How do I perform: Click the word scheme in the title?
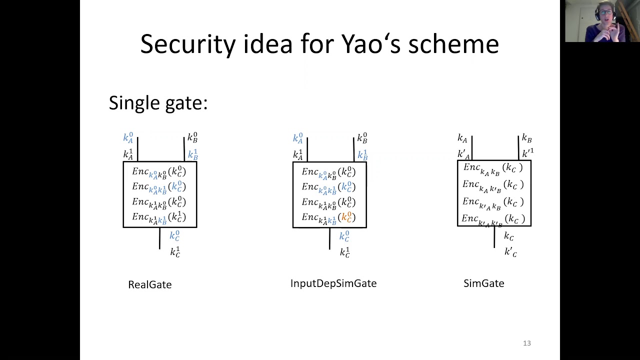click(453, 44)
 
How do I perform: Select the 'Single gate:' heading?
click(158, 103)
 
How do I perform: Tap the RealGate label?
click(149, 284)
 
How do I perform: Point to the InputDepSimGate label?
click(333, 283)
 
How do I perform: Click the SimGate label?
click(483, 283)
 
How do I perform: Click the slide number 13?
click(526, 343)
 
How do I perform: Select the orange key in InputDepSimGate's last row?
click(347, 217)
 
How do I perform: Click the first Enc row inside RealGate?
click(159, 172)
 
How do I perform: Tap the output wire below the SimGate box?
click(494, 237)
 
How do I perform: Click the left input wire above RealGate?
click(137, 149)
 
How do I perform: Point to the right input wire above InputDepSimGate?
click(353, 149)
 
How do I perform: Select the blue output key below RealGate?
click(174, 235)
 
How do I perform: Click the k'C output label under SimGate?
click(510, 252)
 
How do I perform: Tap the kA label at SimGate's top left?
click(462, 138)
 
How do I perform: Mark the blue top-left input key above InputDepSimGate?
click(298, 138)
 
